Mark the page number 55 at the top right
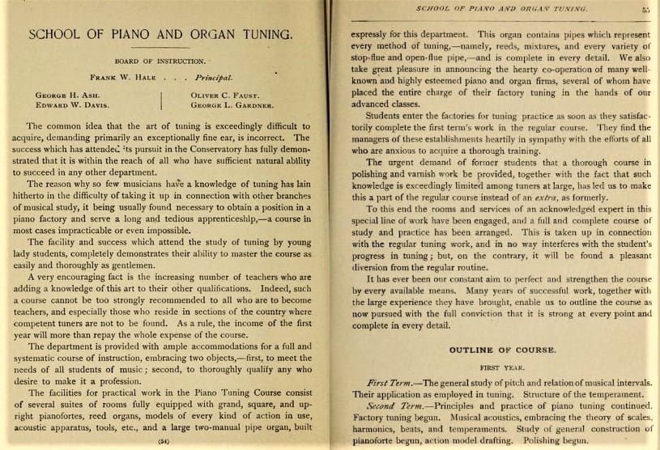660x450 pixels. (645, 10)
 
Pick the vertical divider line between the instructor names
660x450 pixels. (162, 100)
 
